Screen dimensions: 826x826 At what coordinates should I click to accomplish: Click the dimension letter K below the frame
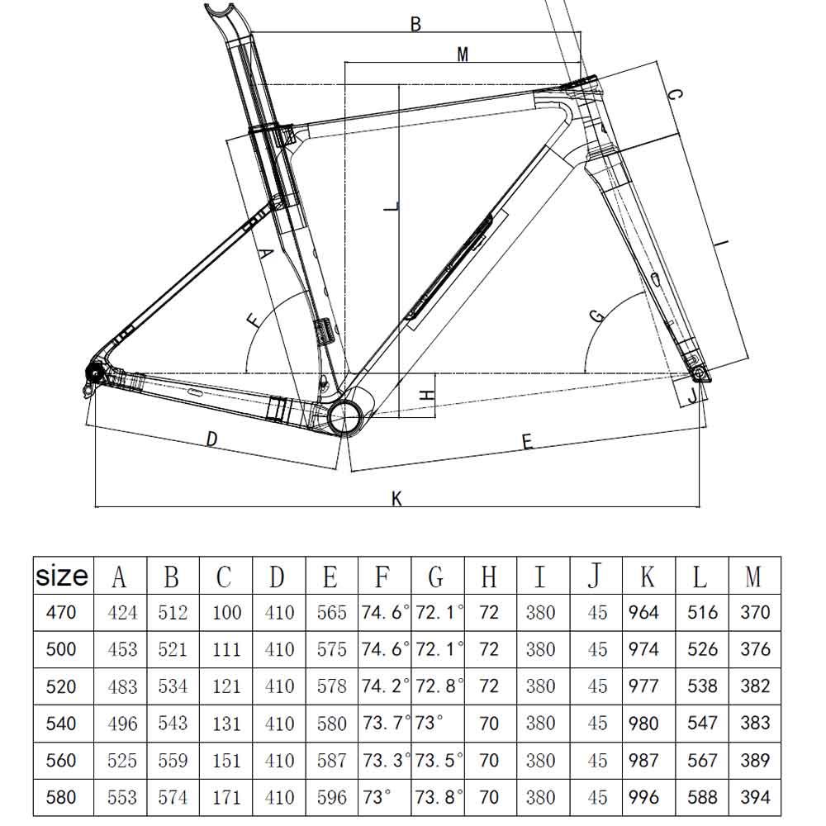[x=396, y=498]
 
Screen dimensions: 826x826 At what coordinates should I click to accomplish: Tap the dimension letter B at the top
[x=416, y=25]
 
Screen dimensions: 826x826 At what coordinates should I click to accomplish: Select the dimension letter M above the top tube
[x=463, y=55]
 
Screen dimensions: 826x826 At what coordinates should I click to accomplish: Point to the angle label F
[x=253, y=320]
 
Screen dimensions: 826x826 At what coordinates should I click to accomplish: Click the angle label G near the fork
[x=596, y=315]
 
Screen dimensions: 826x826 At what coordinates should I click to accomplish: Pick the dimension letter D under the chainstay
[x=211, y=439]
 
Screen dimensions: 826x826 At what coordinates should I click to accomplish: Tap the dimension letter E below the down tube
[x=527, y=443]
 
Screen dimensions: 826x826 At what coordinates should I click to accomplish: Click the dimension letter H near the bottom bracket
[x=426, y=395]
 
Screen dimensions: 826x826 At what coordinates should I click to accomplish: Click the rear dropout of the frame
[x=94, y=375]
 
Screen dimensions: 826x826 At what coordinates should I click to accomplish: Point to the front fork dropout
[x=700, y=376]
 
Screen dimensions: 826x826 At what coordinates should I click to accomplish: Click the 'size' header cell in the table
[x=62, y=576]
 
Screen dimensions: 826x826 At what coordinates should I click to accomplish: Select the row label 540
[x=62, y=724]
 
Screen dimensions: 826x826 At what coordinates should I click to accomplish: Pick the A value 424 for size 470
[x=122, y=613]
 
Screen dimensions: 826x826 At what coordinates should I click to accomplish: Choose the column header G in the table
[x=436, y=576]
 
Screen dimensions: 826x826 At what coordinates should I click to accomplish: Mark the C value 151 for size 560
[x=227, y=761]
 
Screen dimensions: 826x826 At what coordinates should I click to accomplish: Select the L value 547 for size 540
[x=702, y=724]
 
